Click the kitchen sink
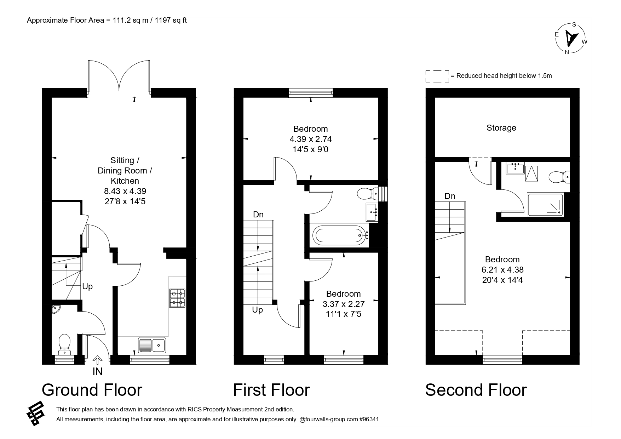[152, 346]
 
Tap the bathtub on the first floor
[340, 235]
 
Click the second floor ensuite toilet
[559, 176]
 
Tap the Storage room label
[501, 128]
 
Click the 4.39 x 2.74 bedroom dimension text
[311, 139]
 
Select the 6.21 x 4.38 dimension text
[502, 270]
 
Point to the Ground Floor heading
[92, 390]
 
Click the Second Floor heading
[476, 390]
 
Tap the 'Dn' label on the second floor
[450, 196]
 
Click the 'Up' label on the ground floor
[87, 287]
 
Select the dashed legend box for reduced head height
[437, 76]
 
